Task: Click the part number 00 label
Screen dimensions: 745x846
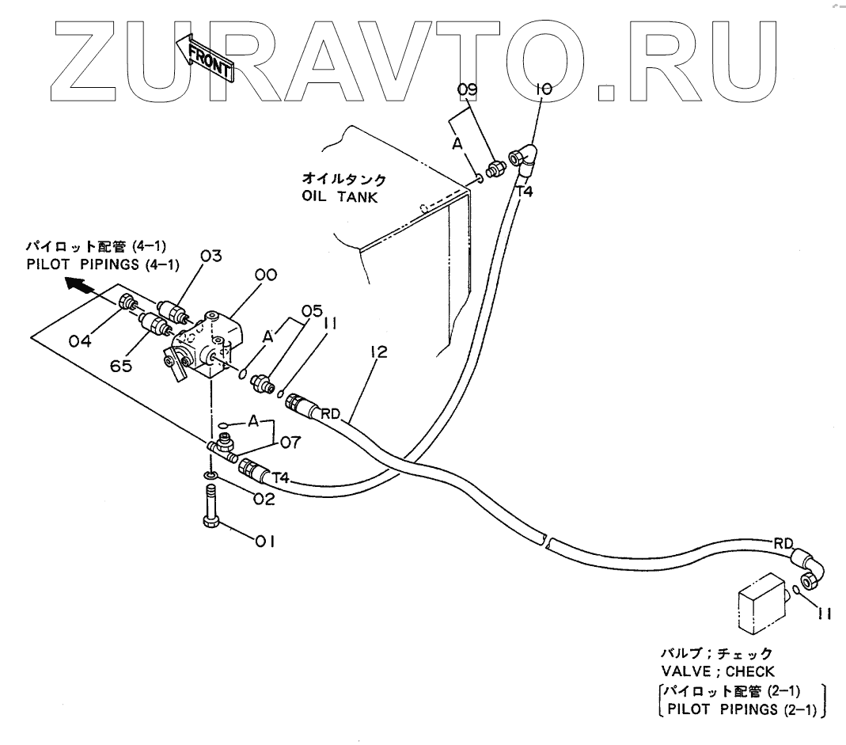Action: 265,276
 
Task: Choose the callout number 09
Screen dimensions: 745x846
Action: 469,91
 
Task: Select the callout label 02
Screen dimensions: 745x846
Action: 264,499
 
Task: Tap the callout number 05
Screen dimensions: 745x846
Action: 312,310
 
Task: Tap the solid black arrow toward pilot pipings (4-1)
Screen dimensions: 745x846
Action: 78,284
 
